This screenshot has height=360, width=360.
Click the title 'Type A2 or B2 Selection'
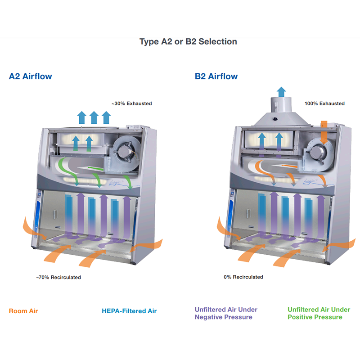click(188, 41)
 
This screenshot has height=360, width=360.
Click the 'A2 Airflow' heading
click(30, 76)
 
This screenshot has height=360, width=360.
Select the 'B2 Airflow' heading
click(216, 76)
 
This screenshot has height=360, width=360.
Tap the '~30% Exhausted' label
click(132, 103)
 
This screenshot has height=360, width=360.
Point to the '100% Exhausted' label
click(324, 103)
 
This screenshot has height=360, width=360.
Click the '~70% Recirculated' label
click(58, 277)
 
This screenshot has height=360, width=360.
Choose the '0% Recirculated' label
click(243, 277)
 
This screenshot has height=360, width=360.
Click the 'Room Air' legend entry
click(23, 311)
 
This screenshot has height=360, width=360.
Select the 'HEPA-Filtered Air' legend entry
click(129, 311)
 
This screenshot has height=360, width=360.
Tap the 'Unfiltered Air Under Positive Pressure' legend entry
click(319, 313)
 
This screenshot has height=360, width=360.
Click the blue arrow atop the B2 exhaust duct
click(281, 92)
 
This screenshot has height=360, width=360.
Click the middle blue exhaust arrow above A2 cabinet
click(94, 117)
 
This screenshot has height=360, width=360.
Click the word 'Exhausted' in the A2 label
click(139, 103)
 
